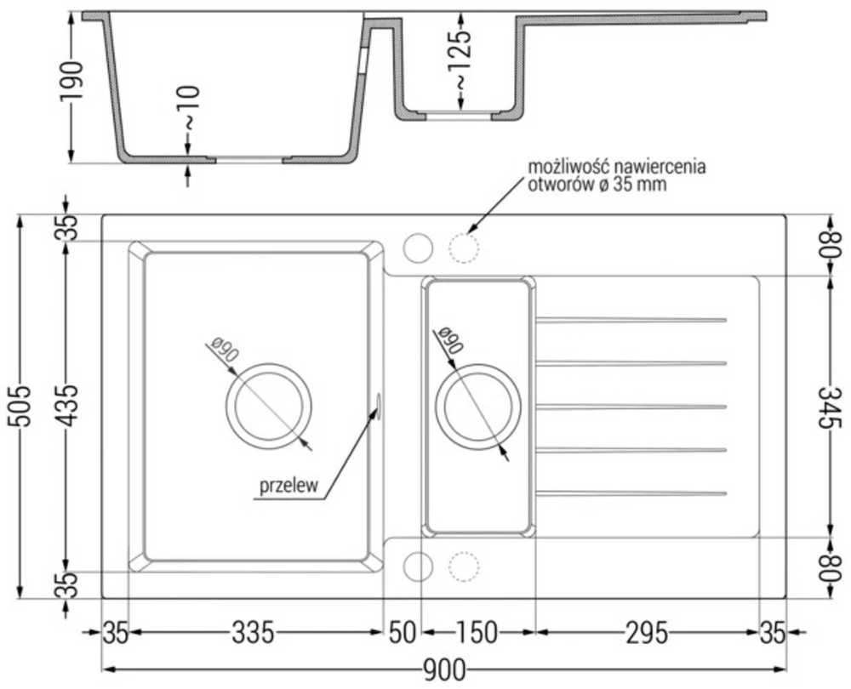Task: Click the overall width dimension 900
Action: click(x=444, y=670)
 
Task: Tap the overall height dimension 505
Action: click(x=21, y=407)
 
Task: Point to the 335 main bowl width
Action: click(x=253, y=633)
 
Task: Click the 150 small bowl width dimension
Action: click(x=476, y=633)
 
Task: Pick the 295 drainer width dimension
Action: click(x=647, y=633)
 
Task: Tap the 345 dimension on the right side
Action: click(x=829, y=407)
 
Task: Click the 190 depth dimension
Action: click(x=71, y=81)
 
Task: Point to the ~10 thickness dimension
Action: click(x=191, y=108)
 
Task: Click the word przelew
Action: click(x=288, y=486)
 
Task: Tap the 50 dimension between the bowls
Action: click(x=403, y=633)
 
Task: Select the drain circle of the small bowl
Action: click(x=477, y=364)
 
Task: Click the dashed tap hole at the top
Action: click(x=464, y=248)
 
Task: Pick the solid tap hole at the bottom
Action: click(x=418, y=567)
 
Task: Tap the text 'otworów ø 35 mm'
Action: click(x=597, y=185)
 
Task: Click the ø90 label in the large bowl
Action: click(x=225, y=350)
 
